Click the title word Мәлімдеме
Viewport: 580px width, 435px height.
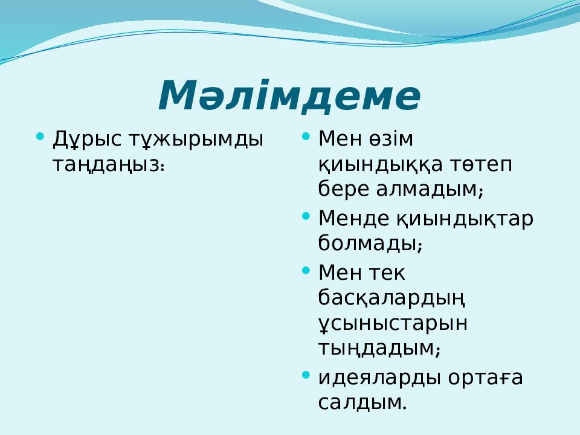point(289,95)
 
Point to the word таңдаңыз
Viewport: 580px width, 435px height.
point(108,164)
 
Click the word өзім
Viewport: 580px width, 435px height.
point(391,139)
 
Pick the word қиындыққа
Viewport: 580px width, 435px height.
point(380,164)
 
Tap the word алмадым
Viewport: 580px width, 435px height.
point(430,189)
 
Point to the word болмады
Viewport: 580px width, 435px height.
point(370,243)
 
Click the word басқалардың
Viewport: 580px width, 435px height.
point(391,298)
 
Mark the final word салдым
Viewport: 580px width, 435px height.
point(362,402)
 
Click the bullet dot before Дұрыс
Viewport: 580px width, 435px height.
point(40,137)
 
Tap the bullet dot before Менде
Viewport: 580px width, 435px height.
point(306,216)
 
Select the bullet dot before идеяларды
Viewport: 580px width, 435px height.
point(306,375)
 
